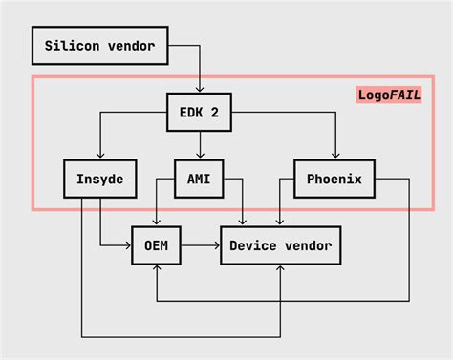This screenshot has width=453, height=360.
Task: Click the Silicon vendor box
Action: (x=100, y=45)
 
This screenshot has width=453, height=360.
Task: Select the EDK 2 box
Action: (x=200, y=112)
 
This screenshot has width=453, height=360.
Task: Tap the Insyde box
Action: (x=100, y=179)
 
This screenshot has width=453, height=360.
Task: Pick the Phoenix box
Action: (x=334, y=179)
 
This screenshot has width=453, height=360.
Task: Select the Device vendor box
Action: (x=280, y=246)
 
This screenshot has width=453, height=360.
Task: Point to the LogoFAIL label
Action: (x=389, y=95)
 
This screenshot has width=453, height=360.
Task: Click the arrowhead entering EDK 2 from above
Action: (x=200, y=89)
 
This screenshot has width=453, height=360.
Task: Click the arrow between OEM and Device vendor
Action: (x=201, y=246)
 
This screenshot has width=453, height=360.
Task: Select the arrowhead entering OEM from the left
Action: (x=127, y=246)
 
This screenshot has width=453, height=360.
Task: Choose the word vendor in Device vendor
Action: (x=307, y=246)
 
